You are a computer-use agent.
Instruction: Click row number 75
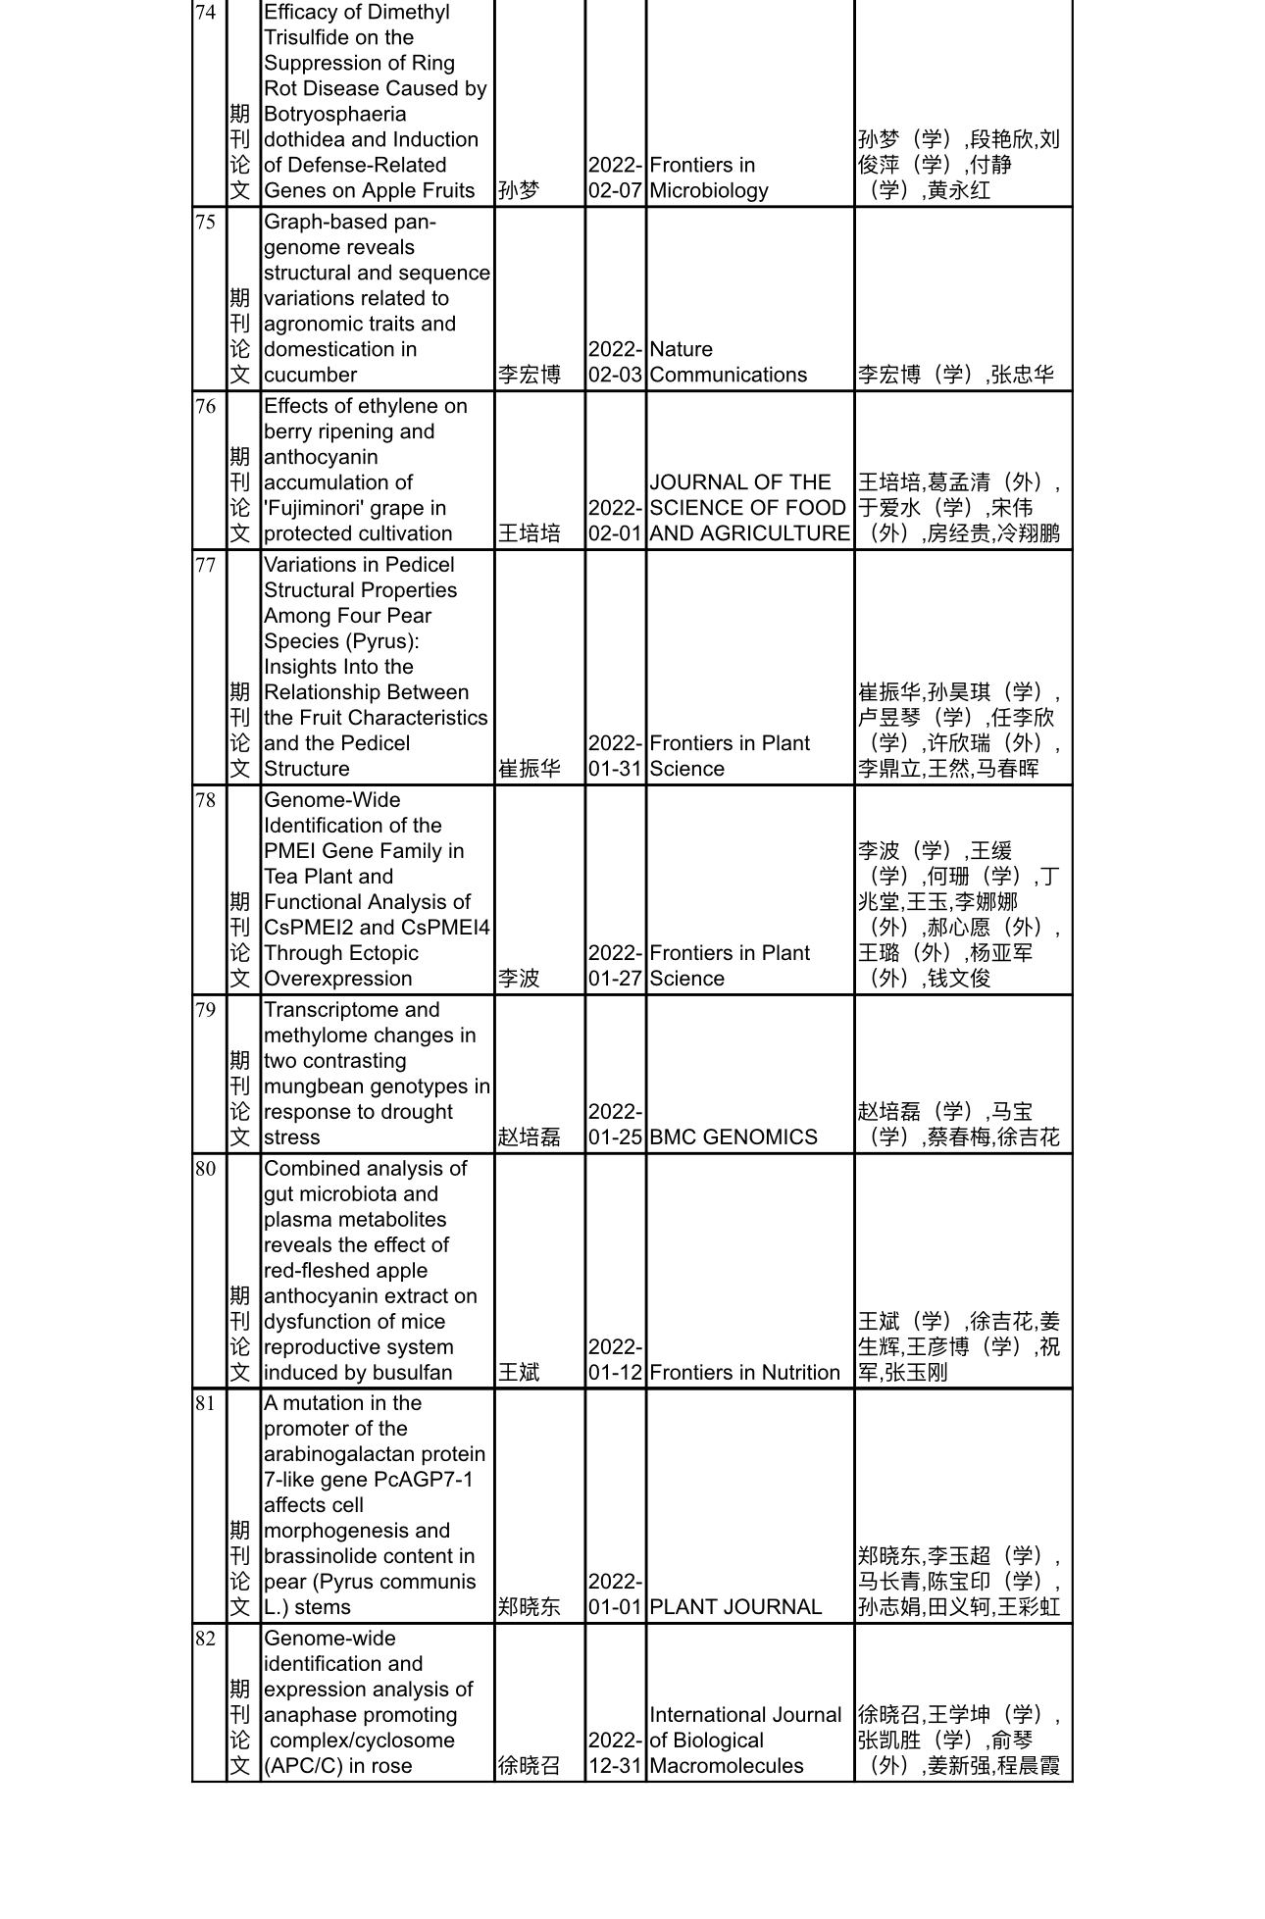tap(205, 223)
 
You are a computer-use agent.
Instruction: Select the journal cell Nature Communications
tap(728, 363)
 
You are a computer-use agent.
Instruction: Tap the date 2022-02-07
tap(615, 178)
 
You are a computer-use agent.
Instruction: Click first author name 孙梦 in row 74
tap(519, 191)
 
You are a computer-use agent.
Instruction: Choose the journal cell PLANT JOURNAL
tap(735, 1607)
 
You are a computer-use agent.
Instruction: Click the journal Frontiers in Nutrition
tap(744, 1373)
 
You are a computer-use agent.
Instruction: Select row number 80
tap(205, 1169)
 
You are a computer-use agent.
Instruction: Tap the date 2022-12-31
tap(615, 1753)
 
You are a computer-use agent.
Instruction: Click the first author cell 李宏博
tap(529, 376)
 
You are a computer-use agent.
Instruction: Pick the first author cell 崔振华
tap(529, 770)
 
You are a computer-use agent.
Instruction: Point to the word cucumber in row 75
tap(310, 376)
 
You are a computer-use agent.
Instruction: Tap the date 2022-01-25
tap(615, 1125)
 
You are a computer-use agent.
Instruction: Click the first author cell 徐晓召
tap(529, 1766)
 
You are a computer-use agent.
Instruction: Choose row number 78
tap(205, 801)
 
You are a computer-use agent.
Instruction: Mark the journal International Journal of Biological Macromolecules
tap(745, 1741)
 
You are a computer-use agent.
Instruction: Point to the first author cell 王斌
tap(519, 1373)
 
